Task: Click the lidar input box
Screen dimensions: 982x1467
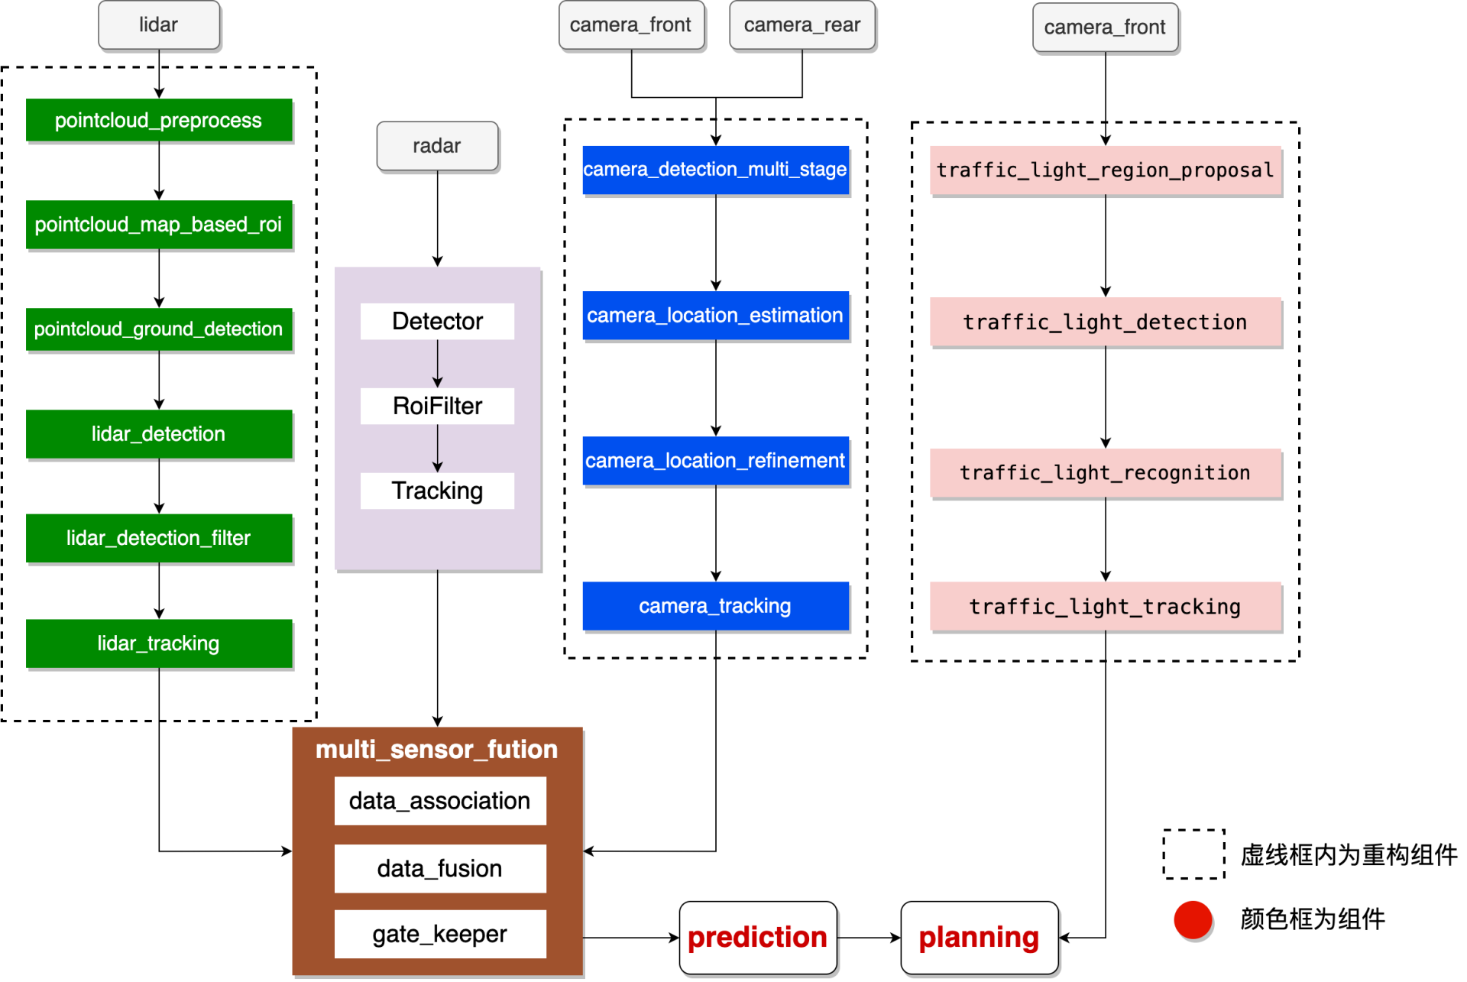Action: (x=159, y=25)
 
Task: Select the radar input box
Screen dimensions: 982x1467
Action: (x=437, y=146)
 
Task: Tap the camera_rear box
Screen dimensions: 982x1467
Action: (x=802, y=25)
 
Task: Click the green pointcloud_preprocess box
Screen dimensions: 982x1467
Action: (x=159, y=121)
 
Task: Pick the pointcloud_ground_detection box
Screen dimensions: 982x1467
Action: (x=159, y=329)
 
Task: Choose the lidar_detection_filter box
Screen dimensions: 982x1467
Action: (x=159, y=538)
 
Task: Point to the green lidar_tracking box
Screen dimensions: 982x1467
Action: (x=159, y=643)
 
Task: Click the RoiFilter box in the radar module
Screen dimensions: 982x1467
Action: (x=437, y=406)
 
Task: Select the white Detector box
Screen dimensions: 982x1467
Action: (x=437, y=321)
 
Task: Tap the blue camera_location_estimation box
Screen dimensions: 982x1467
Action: (x=715, y=315)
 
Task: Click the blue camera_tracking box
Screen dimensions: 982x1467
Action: (x=715, y=606)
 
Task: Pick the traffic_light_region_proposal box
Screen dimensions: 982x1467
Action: (x=1105, y=170)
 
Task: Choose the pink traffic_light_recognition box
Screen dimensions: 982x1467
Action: (x=1105, y=473)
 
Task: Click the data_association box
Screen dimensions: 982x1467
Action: (x=439, y=801)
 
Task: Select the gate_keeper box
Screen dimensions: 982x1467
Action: (x=439, y=934)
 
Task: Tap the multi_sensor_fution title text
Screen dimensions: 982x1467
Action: (x=437, y=750)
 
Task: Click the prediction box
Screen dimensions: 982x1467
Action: (x=757, y=938)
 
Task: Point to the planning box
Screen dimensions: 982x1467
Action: (x=979, y=938)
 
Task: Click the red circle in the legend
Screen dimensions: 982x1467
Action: (x=1193, y=919)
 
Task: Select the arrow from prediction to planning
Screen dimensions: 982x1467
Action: (x=869, y=938)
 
